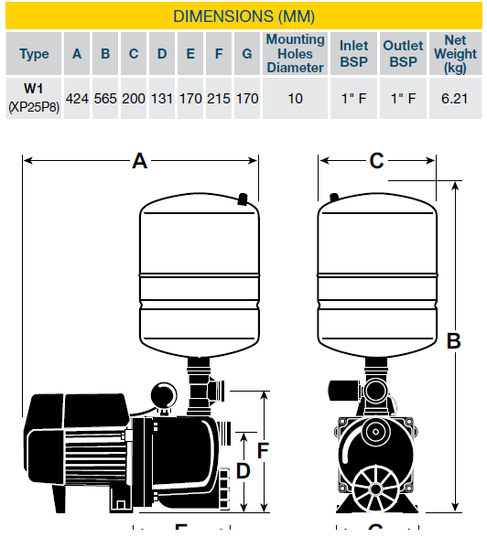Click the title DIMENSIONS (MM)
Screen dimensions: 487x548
point(243,16)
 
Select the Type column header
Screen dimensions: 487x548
point(34,54)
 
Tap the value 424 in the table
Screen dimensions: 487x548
point(77,99)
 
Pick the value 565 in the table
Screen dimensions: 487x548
point(105,99)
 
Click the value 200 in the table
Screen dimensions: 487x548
point(134,99)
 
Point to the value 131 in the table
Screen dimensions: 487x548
point(162,99)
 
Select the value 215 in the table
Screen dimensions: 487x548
point(219,99)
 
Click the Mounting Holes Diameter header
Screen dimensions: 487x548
point(296,53)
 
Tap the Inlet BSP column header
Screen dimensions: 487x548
point(353,54)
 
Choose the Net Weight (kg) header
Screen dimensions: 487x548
point(455,54)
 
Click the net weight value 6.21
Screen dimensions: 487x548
point(454,99)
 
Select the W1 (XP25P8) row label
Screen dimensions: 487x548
point(34,98)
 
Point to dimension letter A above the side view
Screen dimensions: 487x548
point(140,161)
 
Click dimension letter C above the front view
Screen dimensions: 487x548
point(376,161)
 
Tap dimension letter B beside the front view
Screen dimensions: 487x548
point(454,340)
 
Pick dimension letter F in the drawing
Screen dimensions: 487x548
point(263,450)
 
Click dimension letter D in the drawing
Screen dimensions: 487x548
point(243,471)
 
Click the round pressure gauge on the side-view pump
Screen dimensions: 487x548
point(164,395)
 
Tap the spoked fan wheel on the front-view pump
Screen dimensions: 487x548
point(375,489)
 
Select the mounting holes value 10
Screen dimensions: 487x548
point(296,99)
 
